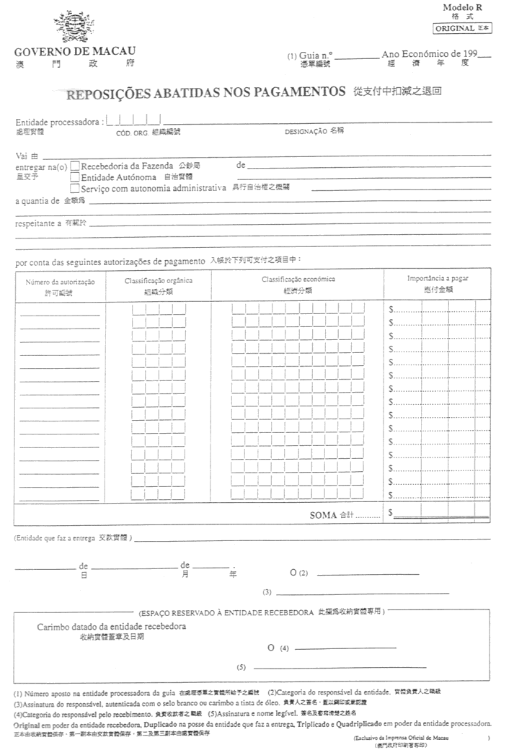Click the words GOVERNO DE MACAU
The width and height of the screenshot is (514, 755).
[x=75, y=52]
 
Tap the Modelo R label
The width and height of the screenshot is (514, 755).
[x=468, y=6]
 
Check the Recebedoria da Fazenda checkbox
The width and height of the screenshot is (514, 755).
[x=75, y=166]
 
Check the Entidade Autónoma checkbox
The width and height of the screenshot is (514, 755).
[x=75, y=177]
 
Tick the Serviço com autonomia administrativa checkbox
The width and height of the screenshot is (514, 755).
[x=75, y=187]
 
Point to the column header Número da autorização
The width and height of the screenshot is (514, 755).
[x=60, y=282]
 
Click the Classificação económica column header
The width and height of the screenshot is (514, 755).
[x=298, y=279]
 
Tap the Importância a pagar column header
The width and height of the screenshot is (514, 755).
[x=438, y=278]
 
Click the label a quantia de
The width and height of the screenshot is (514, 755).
[x=37, y=200]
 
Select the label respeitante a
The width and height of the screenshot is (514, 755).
[x=38, y=224]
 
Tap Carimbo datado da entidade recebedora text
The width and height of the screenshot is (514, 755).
[x=112, y=626]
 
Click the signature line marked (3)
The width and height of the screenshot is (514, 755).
[x=346, y=592]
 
